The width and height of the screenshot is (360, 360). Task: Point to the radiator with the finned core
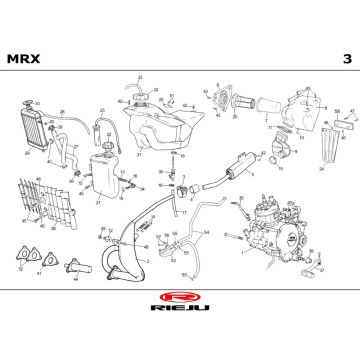point(35,130)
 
